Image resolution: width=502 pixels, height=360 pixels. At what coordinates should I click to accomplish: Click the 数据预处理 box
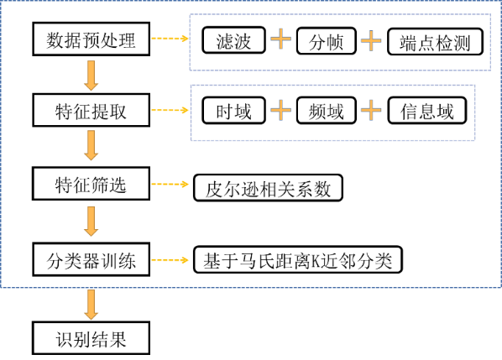coord(91,39)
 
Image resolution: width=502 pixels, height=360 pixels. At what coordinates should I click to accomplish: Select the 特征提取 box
coord(91,111)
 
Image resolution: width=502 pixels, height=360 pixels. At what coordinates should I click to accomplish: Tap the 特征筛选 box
coord(91,185)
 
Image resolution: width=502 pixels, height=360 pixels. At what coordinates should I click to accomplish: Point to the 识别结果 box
coord(91,338)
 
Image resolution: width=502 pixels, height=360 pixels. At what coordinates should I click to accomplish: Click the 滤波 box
coord(234,40)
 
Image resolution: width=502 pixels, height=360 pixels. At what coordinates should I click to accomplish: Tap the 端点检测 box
coord(435,40)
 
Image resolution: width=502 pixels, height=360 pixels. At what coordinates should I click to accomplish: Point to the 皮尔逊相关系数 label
coord(268,188)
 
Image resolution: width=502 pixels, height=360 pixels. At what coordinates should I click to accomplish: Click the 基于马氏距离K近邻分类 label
coord(298,261)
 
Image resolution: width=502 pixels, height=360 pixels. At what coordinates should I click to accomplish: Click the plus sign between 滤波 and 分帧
coord(280,40)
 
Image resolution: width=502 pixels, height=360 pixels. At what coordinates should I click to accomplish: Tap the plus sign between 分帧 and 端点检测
coord(370,40)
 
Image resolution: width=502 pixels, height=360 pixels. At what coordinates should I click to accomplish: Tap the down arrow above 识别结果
coord(91,301)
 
